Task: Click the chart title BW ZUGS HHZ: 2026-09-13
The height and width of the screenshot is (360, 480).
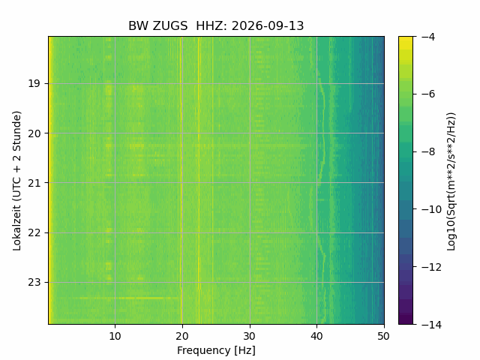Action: pos(216,25)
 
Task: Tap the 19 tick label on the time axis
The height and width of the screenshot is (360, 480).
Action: pos(34,83)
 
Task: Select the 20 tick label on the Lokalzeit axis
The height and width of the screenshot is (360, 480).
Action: pos(34,133)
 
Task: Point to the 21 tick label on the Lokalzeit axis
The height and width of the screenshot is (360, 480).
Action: pos(34,183)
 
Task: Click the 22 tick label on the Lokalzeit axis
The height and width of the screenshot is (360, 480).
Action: pos(34,233)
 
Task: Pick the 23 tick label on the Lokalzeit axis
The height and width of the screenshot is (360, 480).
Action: pos(34,282)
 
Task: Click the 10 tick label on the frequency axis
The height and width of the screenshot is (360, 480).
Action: pos(115,336)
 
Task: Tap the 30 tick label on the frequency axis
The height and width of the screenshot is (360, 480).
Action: pos(250,336)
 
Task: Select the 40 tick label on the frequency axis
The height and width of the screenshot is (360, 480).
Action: pos(316,336)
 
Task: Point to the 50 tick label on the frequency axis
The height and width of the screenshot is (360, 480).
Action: pos(384,336)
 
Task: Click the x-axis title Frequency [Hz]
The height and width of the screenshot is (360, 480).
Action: pos(216,350)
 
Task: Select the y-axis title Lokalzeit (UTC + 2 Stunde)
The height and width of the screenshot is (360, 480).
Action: pos(17,181)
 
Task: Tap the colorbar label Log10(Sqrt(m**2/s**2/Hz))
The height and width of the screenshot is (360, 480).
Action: pos(451,181)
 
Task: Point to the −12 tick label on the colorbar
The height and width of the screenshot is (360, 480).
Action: pos(431,267)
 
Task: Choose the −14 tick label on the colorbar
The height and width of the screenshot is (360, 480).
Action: pos(431,325)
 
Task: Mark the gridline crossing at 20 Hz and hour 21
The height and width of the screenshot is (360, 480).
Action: pos(182,183)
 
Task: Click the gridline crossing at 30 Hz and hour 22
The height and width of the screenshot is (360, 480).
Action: pos(250,232)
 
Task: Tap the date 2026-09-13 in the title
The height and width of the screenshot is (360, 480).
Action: pos(268,25)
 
